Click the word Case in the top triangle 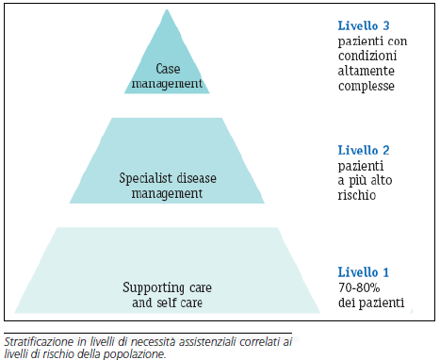(x=167, y=68)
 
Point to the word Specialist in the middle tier (x=145, y=178)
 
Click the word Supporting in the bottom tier (x=154, y=286)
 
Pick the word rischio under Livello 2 (x=357, y=195)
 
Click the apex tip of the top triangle (x=168, y=10)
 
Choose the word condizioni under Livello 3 (x=369, y=57)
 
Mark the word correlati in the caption (x=262, y=341)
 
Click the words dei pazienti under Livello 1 (x=370, y=303)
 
